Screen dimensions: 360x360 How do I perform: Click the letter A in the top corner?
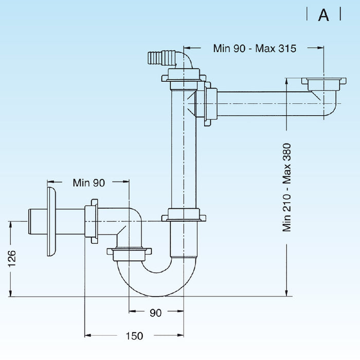coord(323,15)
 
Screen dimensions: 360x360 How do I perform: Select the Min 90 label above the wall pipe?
coord(88,182)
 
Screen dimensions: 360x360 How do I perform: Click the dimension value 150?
coord(134,336)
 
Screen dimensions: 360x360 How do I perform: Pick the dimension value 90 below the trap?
coord(155,312)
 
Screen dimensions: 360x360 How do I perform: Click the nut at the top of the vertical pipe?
coord(184,79)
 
